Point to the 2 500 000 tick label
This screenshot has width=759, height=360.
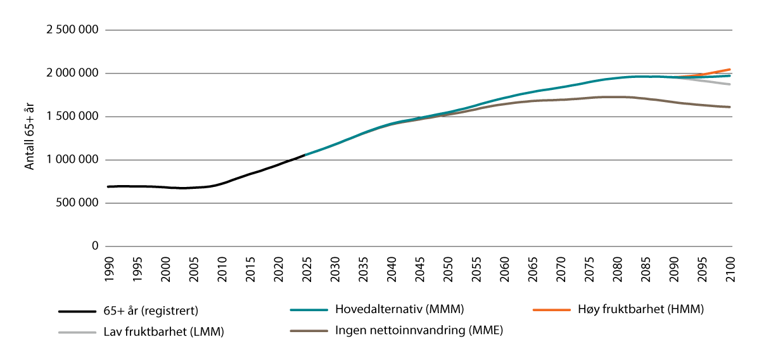[71, 30]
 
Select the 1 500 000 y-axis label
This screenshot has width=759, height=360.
[71, 117]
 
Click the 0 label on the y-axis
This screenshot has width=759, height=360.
[96, 246]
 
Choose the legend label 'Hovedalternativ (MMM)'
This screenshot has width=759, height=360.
[400, 310]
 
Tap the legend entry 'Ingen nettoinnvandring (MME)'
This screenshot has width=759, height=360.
[419, 330]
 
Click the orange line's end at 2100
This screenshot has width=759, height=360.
[730, 69]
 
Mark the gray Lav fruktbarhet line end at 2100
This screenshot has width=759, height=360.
[730, 84]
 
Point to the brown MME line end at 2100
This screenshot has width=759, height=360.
[730, 107]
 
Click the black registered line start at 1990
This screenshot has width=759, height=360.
[108, 186]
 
